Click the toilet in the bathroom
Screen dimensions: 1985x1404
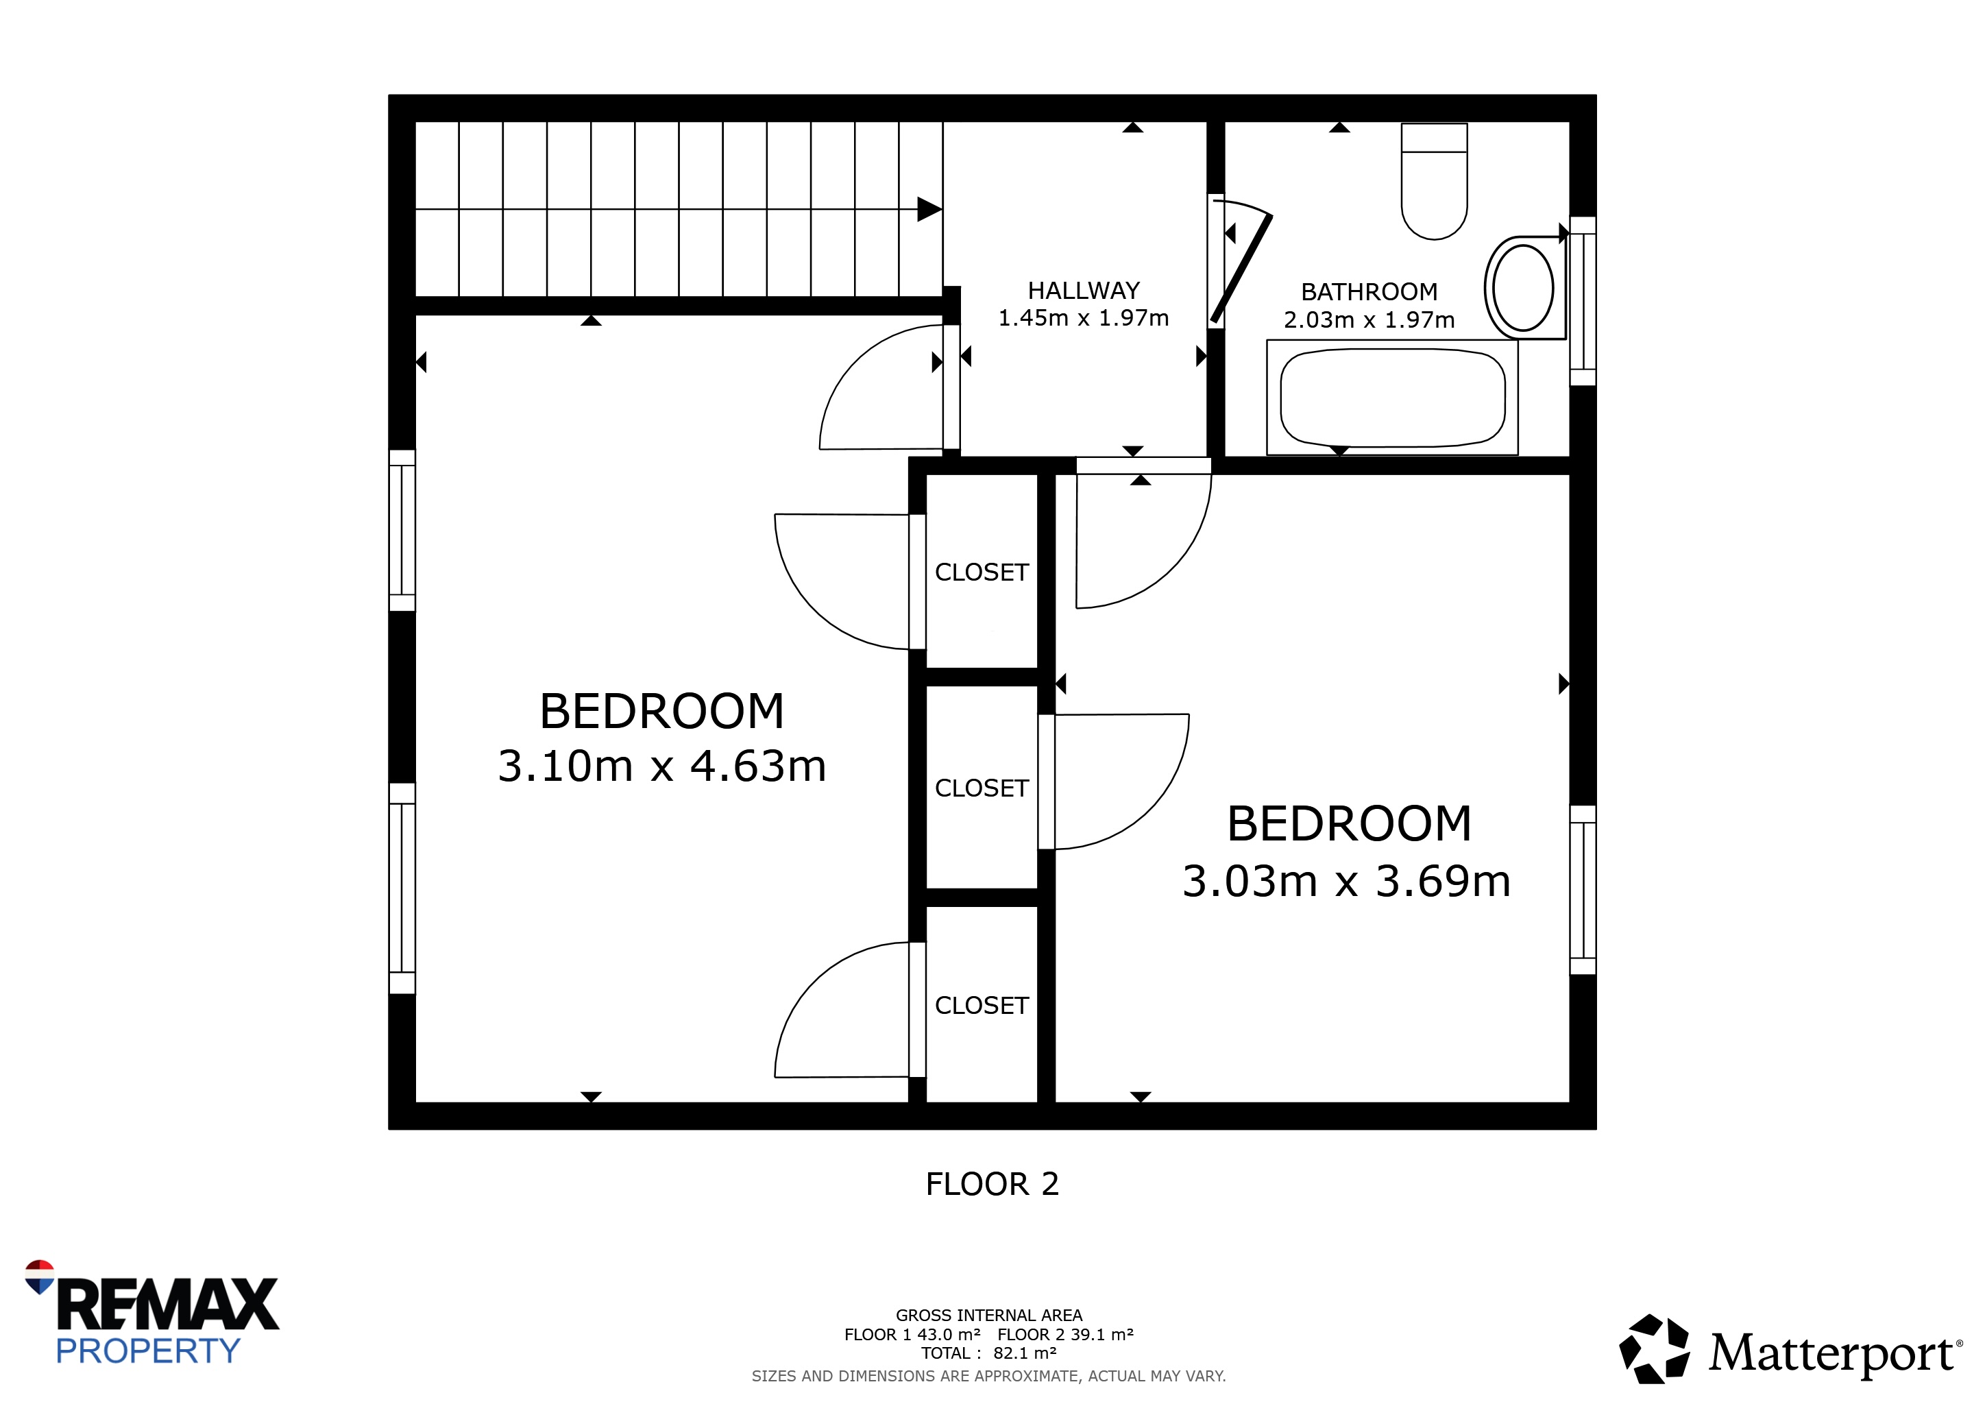point(1435,181)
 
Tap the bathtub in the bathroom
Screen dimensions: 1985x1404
point(1392,398)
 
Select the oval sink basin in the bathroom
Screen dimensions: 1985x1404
point(1523,288)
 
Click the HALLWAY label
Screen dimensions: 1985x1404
point(1083,291)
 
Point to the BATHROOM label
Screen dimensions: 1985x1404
point(1369,292)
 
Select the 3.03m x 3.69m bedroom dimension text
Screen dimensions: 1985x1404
point(1346,882)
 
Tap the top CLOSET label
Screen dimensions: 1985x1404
point(982,572)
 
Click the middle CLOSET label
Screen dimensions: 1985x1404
point(982,788)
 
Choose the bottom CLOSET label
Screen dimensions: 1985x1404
point(982,1006)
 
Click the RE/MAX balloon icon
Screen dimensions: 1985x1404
point(40,1276)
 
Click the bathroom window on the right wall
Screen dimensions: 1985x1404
point(1583,301)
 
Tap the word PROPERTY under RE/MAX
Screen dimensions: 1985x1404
point(148,1351)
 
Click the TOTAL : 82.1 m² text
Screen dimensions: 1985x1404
point(989,1353)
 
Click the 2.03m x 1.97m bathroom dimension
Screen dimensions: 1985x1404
point(1369,320)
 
